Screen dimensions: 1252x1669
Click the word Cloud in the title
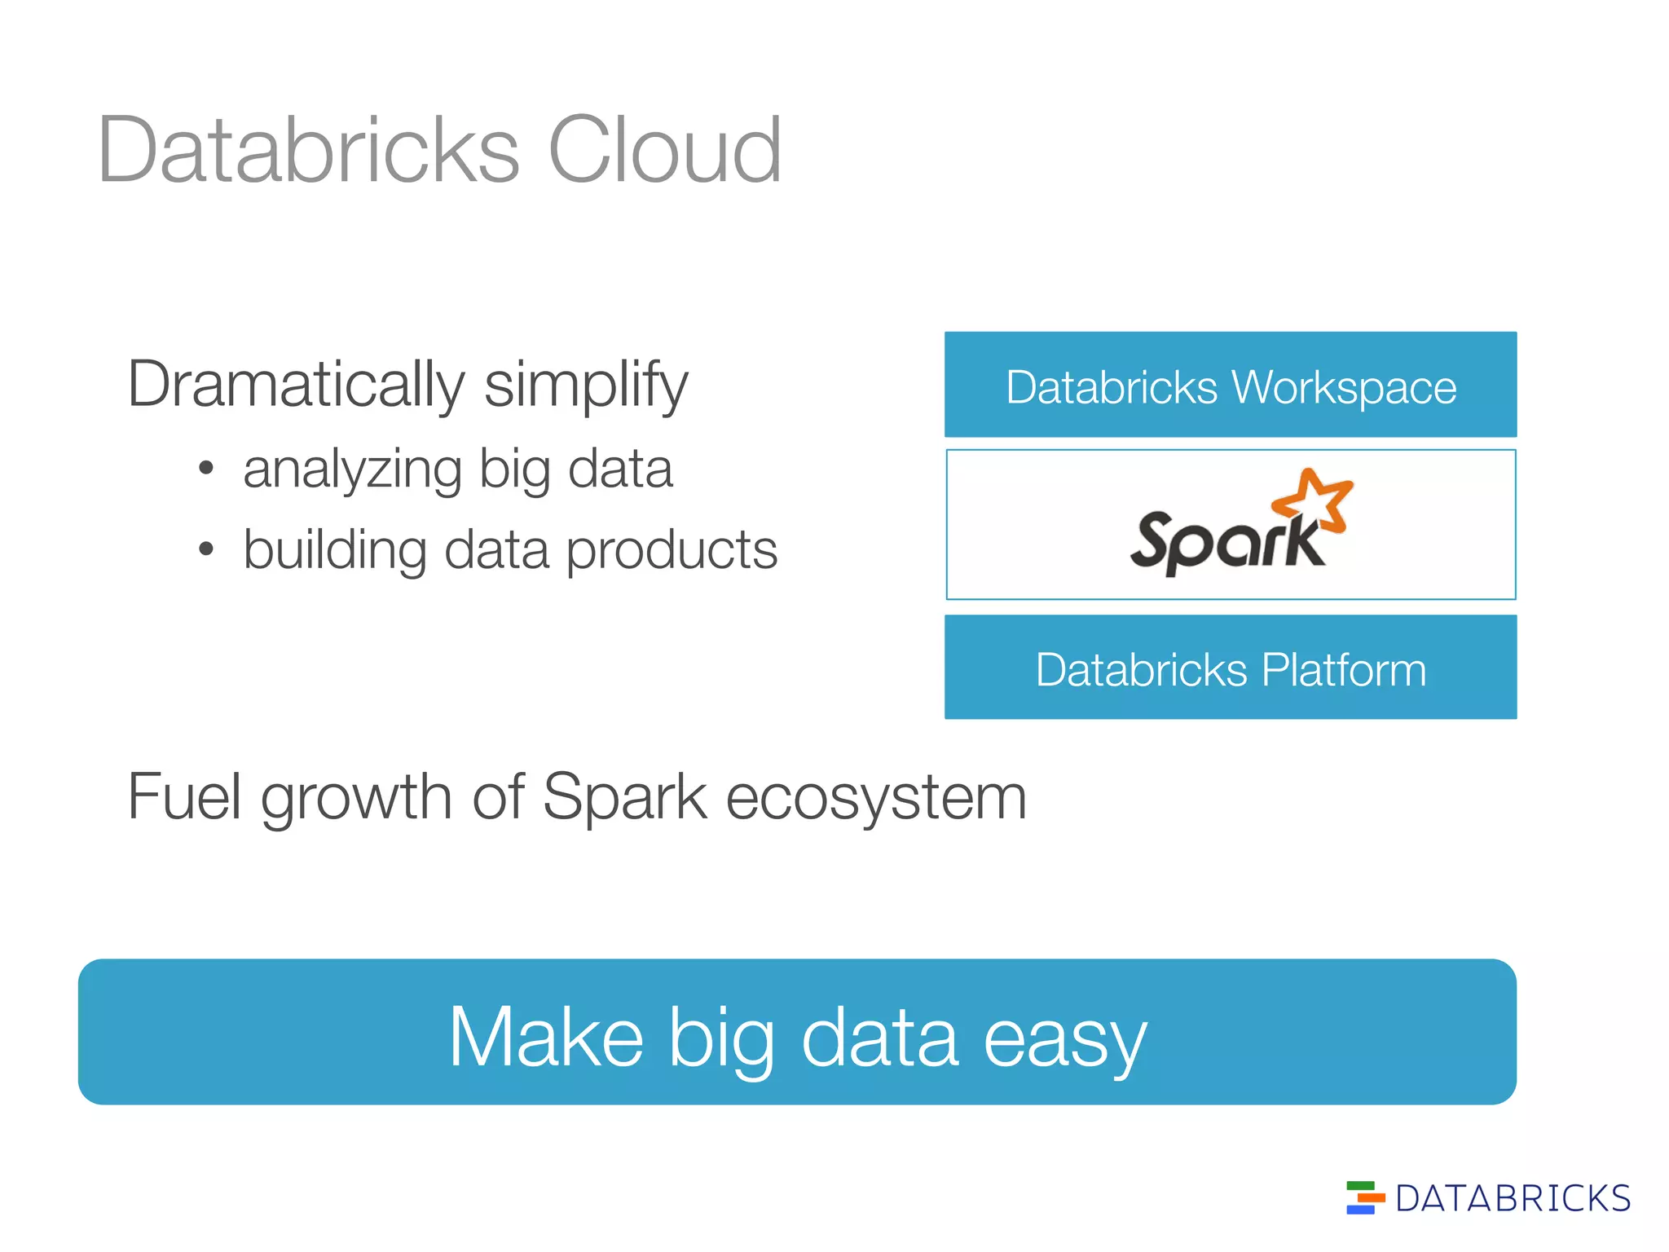664,150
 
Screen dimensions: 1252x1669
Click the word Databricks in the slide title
308,150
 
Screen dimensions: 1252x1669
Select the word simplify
586,385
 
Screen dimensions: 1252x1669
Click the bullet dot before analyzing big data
206,469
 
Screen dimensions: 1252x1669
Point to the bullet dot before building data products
206,549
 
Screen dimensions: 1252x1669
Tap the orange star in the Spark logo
1314,498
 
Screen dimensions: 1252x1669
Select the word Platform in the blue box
1344,670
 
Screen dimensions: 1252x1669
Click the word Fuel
184,796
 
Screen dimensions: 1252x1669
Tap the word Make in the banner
545,1037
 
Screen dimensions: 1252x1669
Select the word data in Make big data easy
879,1037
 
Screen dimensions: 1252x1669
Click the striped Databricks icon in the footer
1364,1197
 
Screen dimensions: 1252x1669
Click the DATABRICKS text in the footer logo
1513,1198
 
